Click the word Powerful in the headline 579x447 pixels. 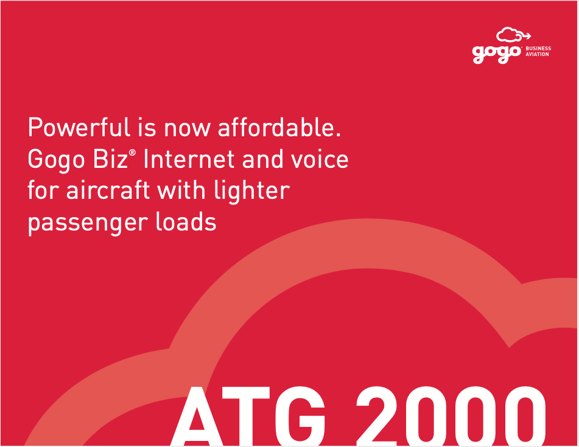[x=79, y=127]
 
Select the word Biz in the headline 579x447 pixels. [x=110, y=159]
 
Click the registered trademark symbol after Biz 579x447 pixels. [x=132, y=152]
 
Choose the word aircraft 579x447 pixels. [x=108, y=191]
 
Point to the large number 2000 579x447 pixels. [x=451, y=415]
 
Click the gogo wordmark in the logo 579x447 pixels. [x=497, y=54]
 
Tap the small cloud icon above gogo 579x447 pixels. [x=513, y=35]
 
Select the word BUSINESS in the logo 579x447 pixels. [x=538, y=48]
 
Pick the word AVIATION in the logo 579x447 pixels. [x=537, y=54]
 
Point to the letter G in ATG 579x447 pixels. [x=300, y=415]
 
